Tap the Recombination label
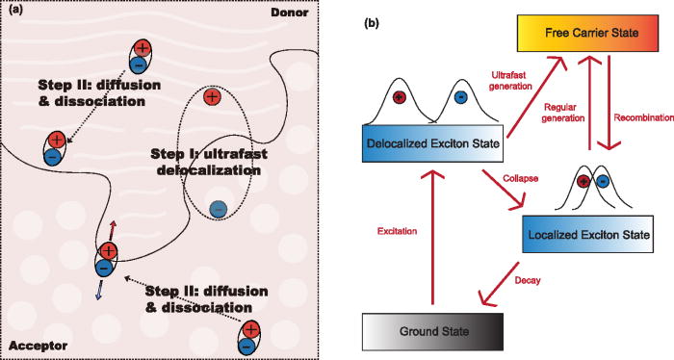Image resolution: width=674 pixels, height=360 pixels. point(642,117)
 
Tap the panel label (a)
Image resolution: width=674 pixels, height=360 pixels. point(16,12)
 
